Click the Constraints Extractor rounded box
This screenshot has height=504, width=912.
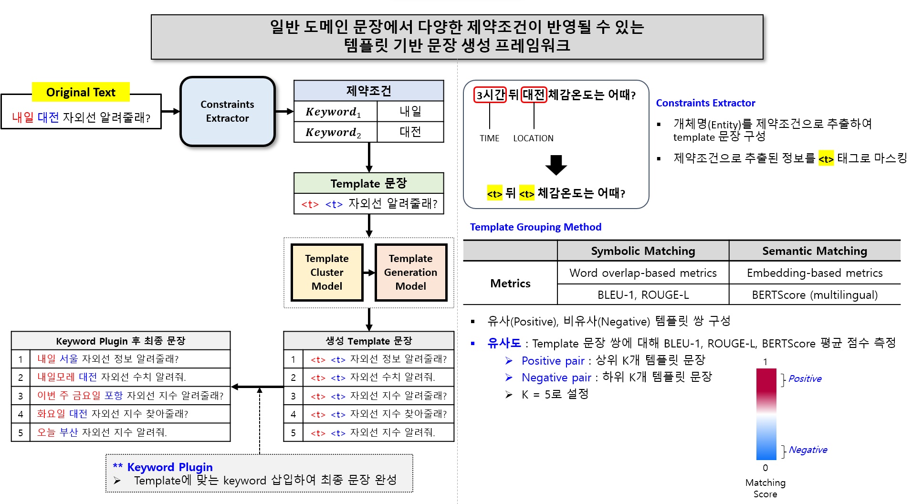[x=227, y=111]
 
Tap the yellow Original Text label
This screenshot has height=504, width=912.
[x=81, y=92]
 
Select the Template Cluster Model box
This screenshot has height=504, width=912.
[x=327, y=272]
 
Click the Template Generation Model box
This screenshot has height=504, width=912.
[x=410, y=272]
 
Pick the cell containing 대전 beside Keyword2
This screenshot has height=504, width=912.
[x=410, y=132]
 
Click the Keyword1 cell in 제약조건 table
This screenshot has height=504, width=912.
[x=334, y=112]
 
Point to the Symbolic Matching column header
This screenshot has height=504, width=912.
[x=643, y=251]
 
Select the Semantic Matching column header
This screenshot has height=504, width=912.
[x=814, y=251]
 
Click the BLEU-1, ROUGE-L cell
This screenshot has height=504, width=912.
[x=643, y=295]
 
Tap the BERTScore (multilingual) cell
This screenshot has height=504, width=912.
[x=814, y=295]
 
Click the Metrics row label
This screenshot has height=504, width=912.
[x=510, y=283]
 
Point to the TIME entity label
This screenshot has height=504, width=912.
[x=489, y=138]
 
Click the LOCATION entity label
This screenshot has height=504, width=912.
[x=533, y=138]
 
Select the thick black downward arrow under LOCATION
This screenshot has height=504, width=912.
[x=556, y=165]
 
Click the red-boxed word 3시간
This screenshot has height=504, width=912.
[x=490, y=94]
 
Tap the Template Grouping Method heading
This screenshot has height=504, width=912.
[x=535, y=227]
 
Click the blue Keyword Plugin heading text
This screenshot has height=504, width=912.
[x=169, y=467]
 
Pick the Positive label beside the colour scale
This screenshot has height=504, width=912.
[x=805, y=378]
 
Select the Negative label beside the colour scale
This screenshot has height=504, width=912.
[x=807, y=450]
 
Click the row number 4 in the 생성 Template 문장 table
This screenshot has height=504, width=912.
[x=293, y=414]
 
